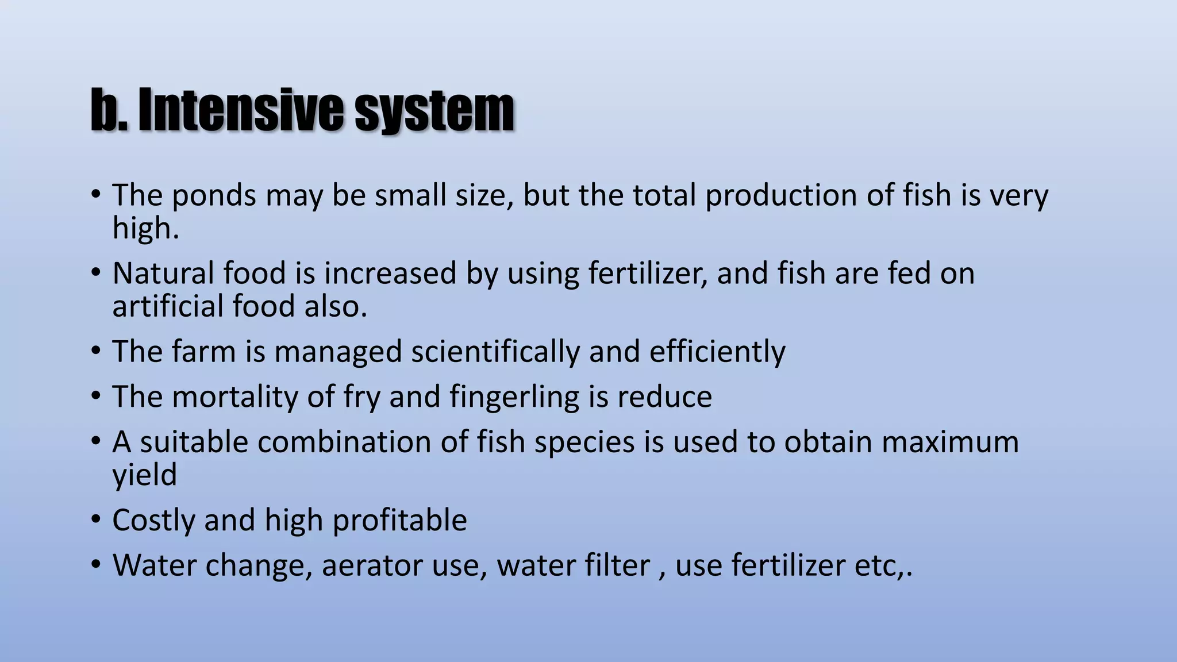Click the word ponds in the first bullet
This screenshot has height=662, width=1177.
pyautogui.click(x=213, y=196)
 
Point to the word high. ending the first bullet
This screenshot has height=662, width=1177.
pyautogui.click(x=145, y=228)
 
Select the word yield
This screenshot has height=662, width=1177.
pyautogui.click(x=144, y=476)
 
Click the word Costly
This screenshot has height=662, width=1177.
pyautogui.click(x=153, y=521)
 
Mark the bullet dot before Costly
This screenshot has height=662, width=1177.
pyautogui.click(x=95, y=519)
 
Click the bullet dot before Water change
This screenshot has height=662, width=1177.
pyautogui.click(x=95, y=564)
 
